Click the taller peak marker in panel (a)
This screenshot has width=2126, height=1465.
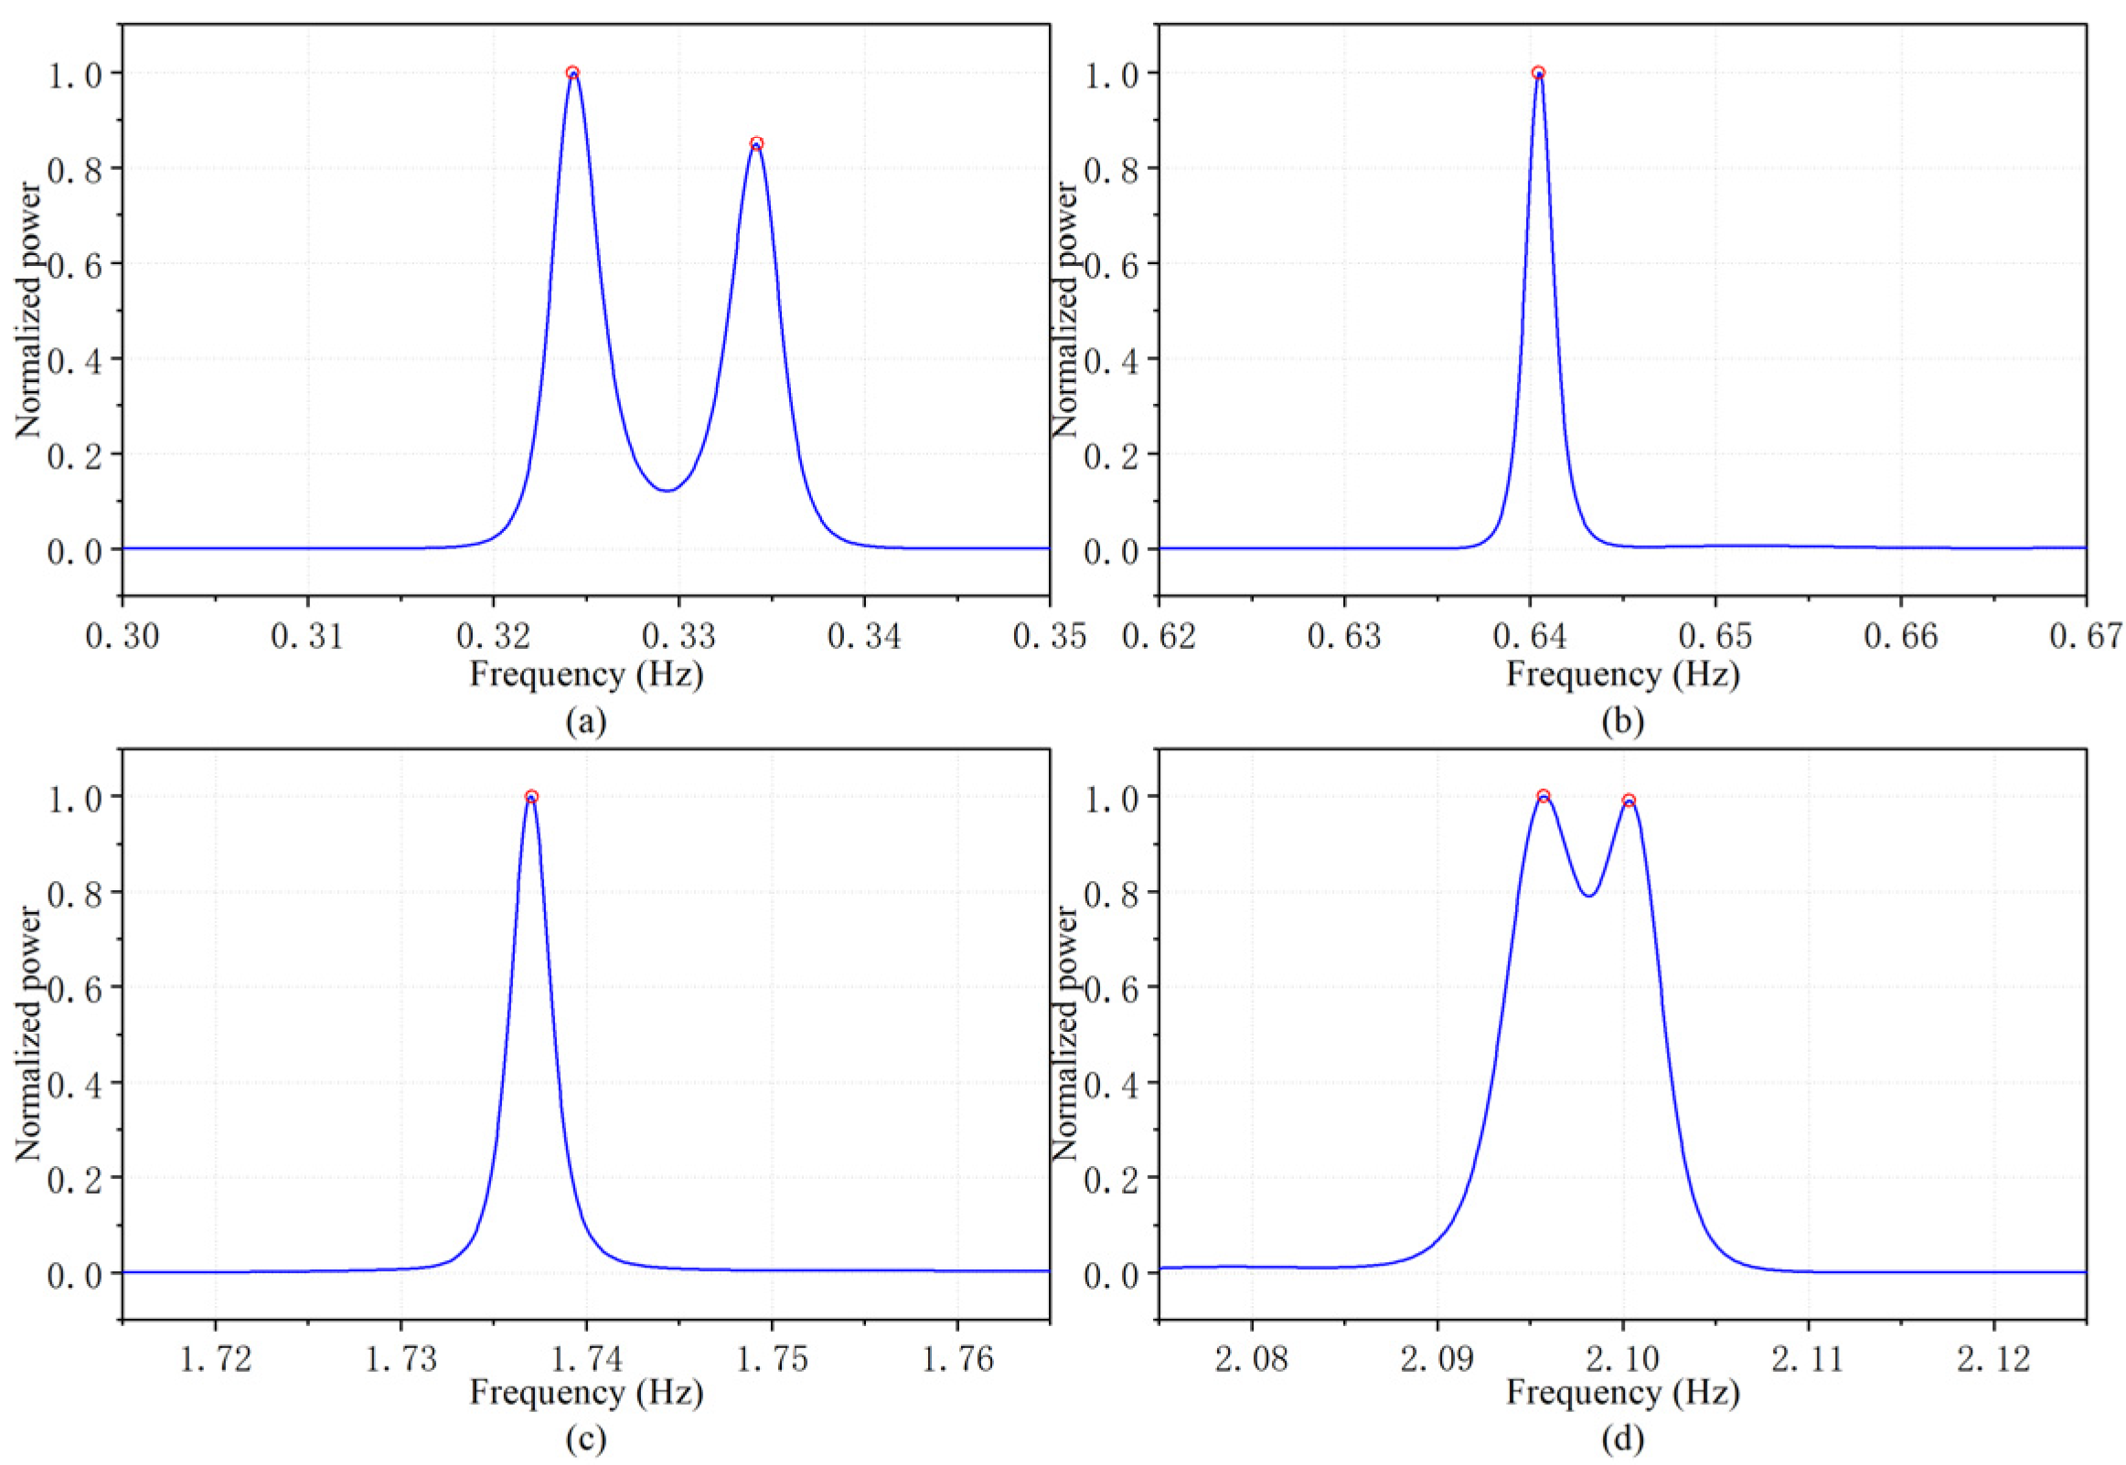pos(572,72)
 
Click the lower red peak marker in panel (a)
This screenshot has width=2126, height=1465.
pos(757,143)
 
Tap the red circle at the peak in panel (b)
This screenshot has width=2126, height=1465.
pos(1538,72)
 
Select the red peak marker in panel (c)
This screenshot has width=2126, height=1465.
pos(530,797)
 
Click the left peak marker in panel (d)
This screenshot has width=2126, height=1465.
pos(1543,796)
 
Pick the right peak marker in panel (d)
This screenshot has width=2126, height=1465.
pos(1629,801)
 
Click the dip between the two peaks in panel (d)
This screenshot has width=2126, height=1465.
pos(1588,895)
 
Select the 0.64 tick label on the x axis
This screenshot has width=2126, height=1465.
pos(1530,636)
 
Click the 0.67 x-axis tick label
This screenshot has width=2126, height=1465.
pos(2085,636)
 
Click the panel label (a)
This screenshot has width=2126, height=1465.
pos(586,722)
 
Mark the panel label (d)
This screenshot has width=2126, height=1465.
pos(1622,1440)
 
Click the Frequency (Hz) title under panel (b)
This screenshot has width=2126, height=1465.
pos(1622,674)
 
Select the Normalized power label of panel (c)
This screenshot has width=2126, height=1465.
pos(29,1034)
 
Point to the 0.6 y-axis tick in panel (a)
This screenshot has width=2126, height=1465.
pos(75,263)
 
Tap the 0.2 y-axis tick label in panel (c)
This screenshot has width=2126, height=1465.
pos(75,1178)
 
